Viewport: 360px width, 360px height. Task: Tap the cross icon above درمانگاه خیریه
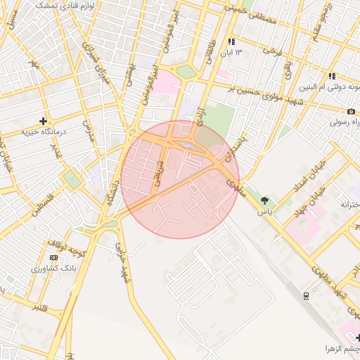point(44,121)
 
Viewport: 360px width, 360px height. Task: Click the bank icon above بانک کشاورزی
point(54,258)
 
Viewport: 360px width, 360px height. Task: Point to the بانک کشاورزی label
point(54,269)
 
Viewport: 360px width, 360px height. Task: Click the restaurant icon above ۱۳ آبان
point(231,42)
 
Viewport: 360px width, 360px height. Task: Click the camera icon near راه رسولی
point(351,111)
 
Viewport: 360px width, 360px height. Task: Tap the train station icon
point(306,295)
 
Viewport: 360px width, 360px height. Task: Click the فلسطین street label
point(45,202)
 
